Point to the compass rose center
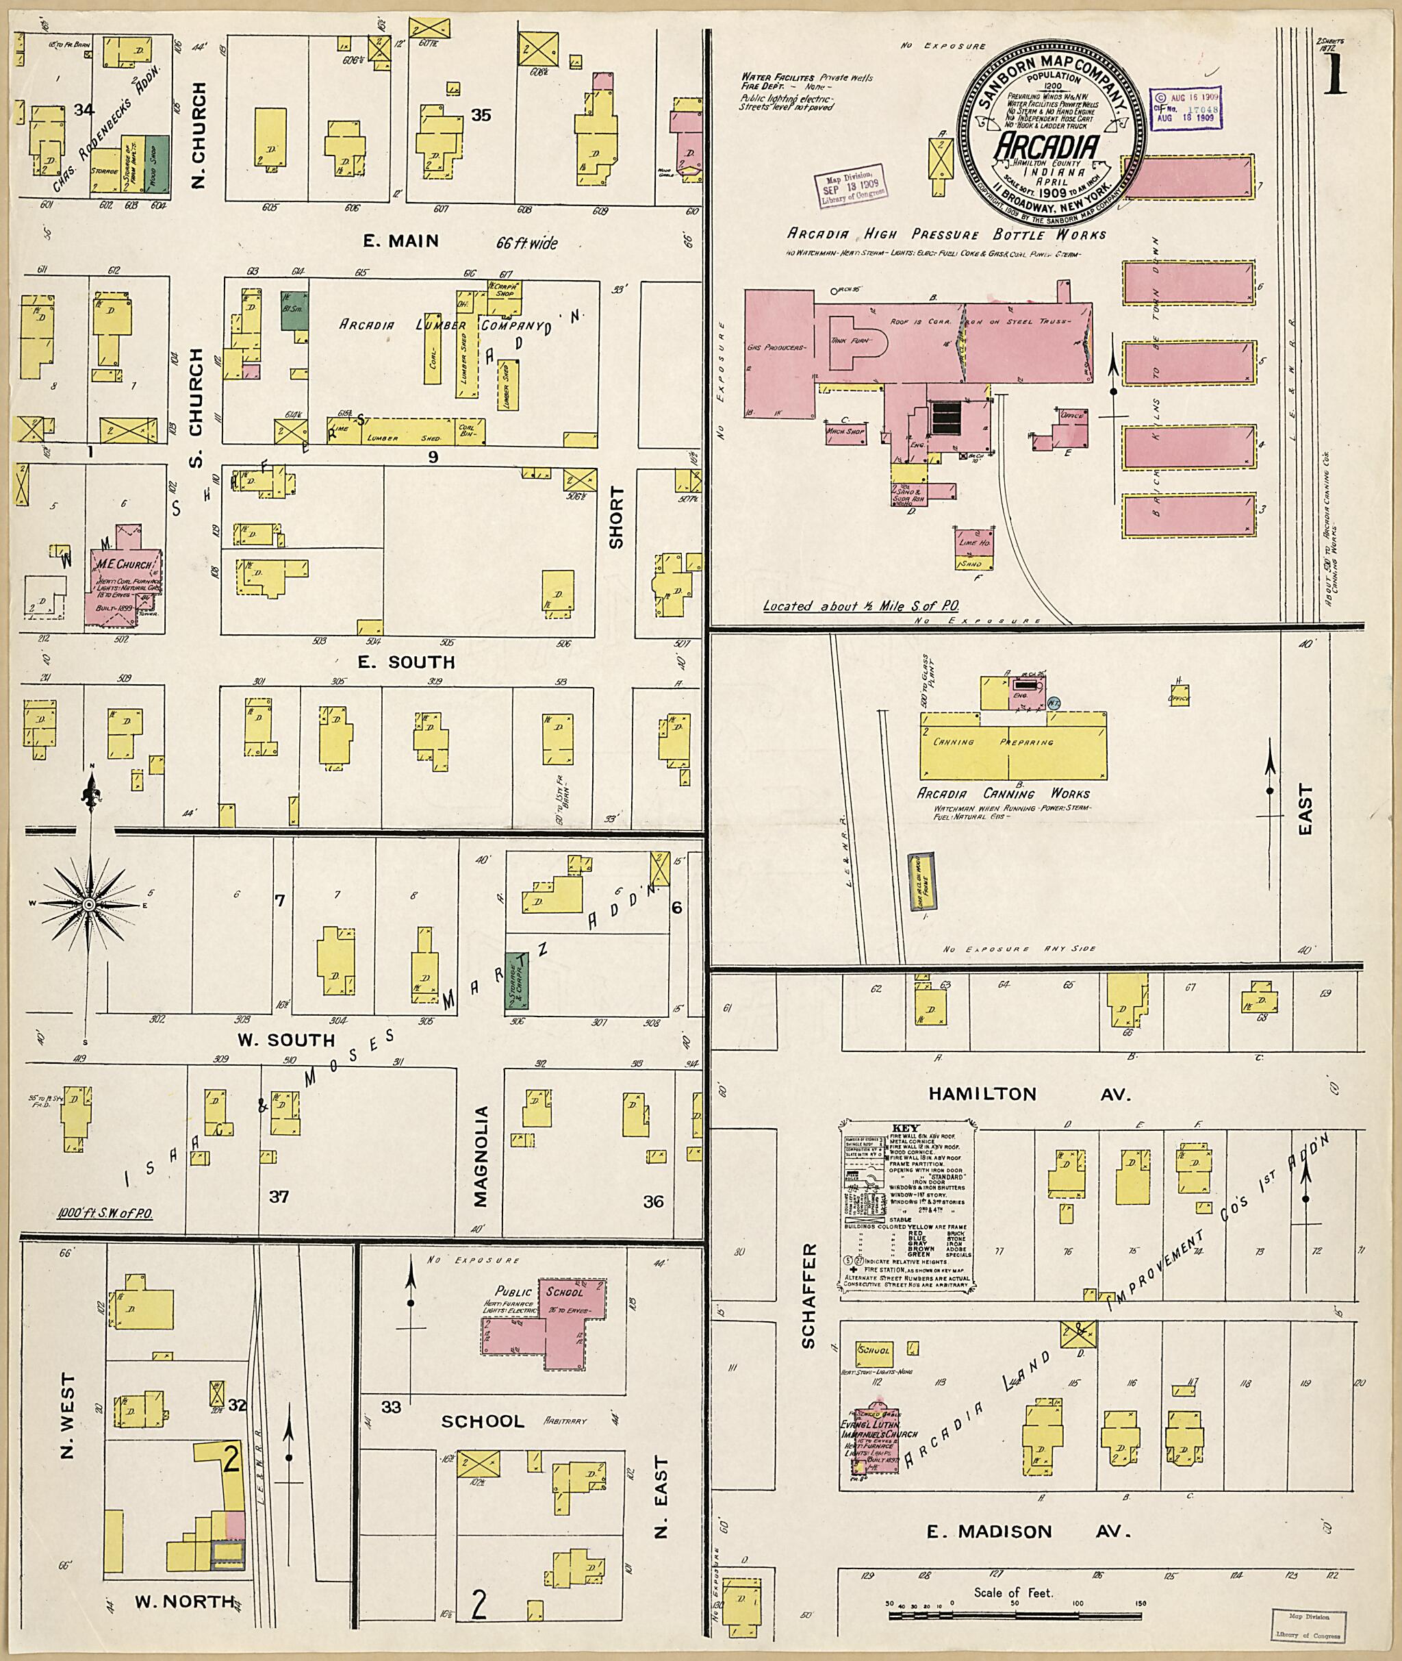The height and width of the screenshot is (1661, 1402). click(x=89, y=906)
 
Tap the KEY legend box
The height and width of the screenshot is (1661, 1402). click(x=906, y=1208)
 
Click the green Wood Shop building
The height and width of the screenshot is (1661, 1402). click(x=157, y=162)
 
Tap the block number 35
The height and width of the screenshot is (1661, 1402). click(x=480, y=114)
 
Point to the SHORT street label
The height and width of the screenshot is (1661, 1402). click(x=616, y=518)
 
